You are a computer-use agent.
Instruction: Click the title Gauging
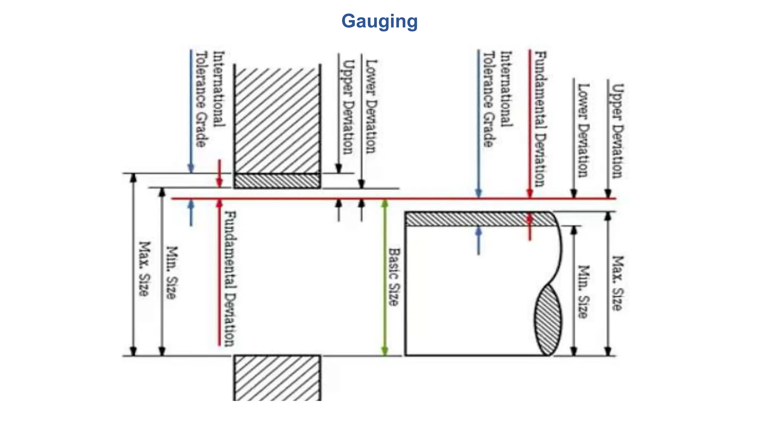(379, 21)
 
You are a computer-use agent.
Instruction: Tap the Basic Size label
(394, 277)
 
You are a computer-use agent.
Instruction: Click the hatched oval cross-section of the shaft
(548, 320)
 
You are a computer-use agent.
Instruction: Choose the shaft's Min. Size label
(584, 291)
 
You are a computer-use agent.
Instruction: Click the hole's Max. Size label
(144, 269)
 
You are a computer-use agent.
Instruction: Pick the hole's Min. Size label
(171, 272)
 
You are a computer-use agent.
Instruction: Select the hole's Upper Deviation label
(348, 107)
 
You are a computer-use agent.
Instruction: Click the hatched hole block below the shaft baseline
(277, 377)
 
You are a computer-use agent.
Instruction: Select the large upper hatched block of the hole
(277, 119)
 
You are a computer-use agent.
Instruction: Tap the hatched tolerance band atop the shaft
(479, 219)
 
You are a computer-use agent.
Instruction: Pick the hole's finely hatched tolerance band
(277, 181)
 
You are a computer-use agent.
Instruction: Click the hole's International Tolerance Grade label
(210, 100)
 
